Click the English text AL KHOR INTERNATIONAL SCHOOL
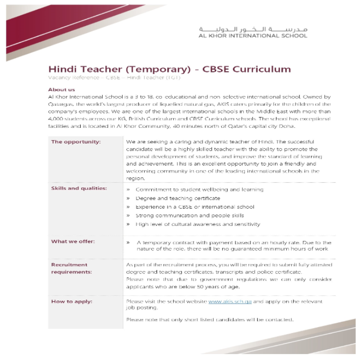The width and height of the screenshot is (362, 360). [x=253, y=36]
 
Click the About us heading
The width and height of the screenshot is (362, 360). [x=61, y=90]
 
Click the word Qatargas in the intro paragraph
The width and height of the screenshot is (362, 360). [x=63, y=104]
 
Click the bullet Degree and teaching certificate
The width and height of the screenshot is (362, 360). [x=178, y=198]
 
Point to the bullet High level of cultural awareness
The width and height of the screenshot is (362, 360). [x=198, y=224]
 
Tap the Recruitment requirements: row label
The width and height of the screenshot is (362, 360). [x=71, y=268]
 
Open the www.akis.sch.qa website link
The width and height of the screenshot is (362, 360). [x=229, y=302]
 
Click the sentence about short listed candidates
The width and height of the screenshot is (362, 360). [x=209, y=320]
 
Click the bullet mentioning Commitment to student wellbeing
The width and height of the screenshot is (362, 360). [x=199, y=190]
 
